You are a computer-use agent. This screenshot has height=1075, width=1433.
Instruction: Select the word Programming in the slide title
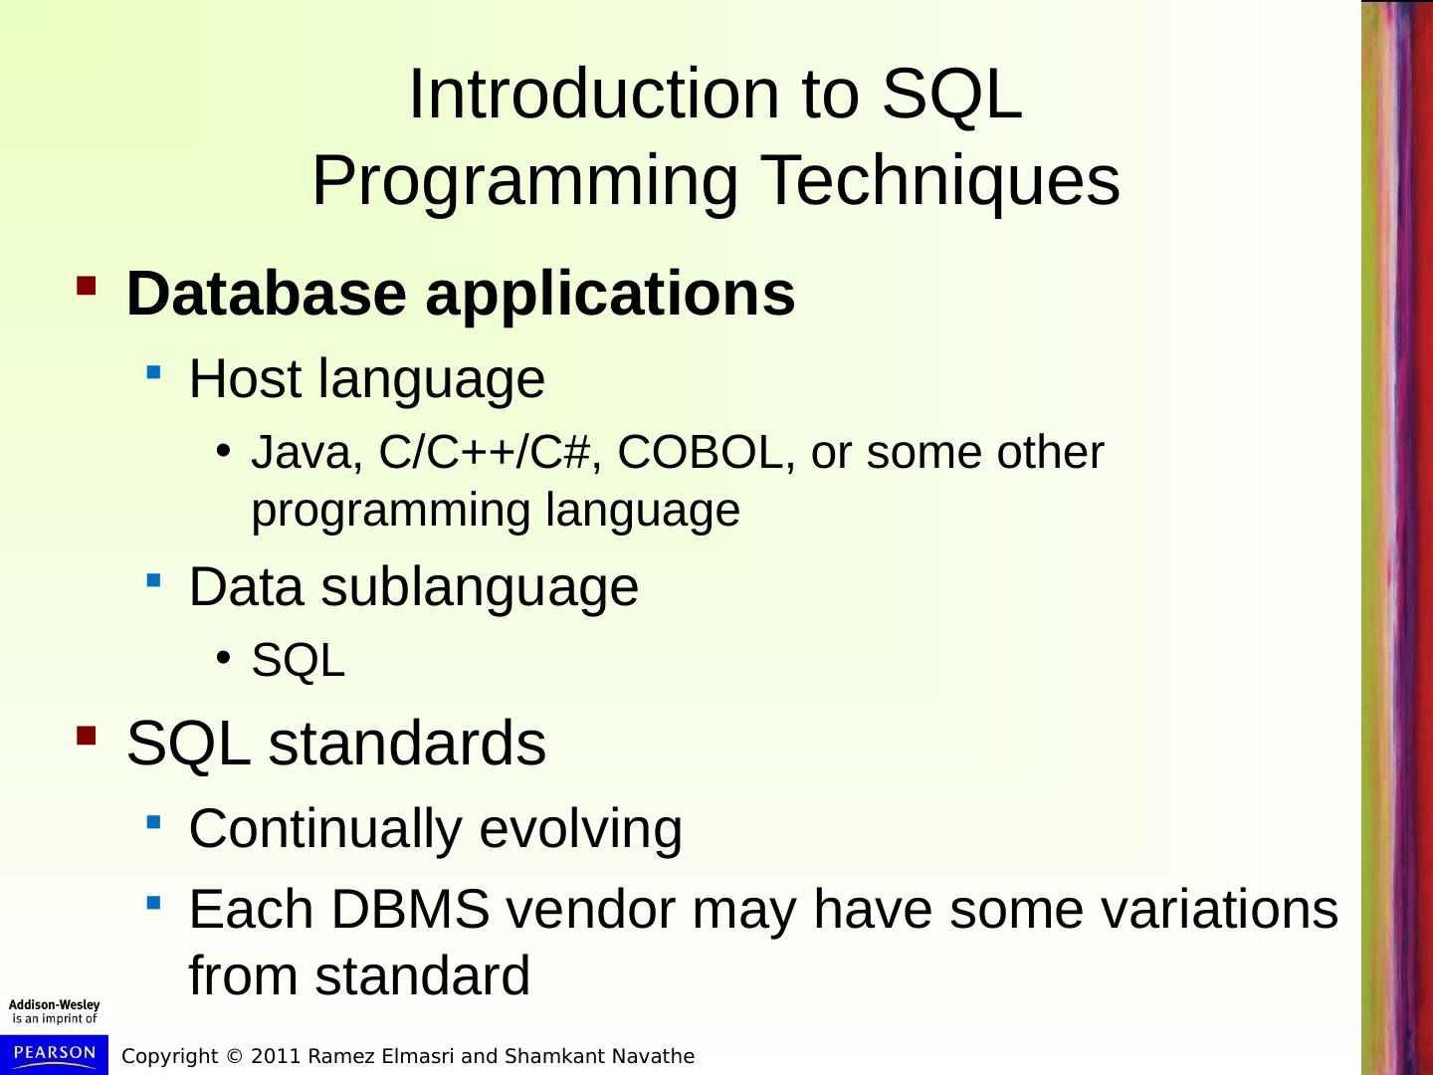524,181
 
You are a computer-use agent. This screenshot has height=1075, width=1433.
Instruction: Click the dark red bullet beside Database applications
87,286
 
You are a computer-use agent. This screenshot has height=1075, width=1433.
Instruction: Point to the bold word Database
267,294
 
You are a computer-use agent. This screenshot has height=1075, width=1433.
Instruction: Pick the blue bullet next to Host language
154,372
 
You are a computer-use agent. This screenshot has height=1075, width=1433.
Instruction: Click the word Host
245,378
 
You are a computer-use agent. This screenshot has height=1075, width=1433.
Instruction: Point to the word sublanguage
480,588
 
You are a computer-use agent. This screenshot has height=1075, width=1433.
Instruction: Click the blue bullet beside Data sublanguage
154,580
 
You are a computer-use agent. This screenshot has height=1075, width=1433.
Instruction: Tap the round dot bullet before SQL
223,657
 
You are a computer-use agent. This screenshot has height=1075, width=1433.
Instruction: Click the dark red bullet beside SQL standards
87,736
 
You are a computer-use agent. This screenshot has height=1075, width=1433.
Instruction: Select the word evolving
580,829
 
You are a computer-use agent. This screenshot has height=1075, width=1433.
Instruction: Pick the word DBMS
411,909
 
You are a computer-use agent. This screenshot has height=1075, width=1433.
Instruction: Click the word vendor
591,909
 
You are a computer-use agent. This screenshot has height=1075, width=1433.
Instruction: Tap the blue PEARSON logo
54,1054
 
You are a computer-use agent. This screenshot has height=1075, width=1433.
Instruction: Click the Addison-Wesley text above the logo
54,1005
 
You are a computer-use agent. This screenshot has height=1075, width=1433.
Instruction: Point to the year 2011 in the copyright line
277,1056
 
